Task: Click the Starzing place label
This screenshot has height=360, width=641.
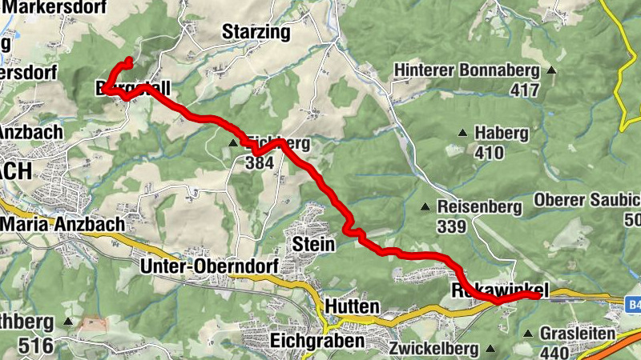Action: coord(256,33)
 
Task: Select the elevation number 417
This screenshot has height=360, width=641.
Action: coord(524,90)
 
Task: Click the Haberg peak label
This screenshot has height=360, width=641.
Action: coord(500,133)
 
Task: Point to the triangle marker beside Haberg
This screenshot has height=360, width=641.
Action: coord(462,133)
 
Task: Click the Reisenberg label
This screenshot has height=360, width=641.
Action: coord(479,206)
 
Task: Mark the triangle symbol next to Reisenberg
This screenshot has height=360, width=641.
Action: coord(425,207)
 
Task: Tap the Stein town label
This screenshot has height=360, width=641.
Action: coord(313,243)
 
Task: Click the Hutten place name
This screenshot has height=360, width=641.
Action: coord(352,306)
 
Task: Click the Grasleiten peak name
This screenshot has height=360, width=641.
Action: coord(577,334)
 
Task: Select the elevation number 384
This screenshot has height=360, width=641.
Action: coord(260,163)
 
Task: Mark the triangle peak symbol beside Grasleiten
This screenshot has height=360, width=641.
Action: coord(527,334)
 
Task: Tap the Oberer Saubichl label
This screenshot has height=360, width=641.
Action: coord(587,199)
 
